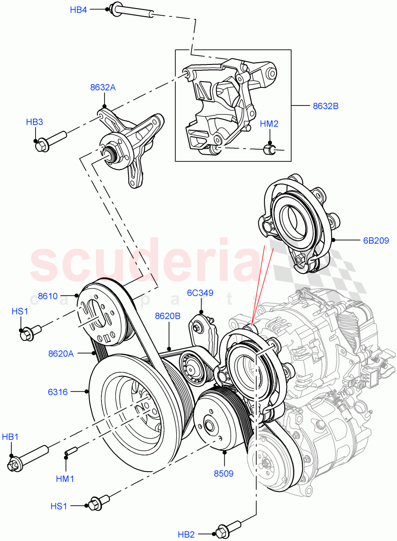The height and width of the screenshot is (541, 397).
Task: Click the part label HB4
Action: (x=78, y=9)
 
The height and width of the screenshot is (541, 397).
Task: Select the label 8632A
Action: (x=103, y=87)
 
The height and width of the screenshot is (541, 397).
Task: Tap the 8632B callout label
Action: (x=325, y=106)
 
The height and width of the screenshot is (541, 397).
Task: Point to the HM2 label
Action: (x=269, y=124)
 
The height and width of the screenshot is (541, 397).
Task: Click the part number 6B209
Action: (x=376, y=240)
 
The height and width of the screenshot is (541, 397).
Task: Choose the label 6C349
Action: (x=200, y=293)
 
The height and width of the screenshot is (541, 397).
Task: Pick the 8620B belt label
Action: (x=168, y=316)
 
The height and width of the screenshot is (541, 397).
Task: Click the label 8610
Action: (x=48, y=296)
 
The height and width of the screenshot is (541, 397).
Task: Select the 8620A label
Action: (x=61, y=354)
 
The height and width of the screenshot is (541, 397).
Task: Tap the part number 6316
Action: (x=58, y=392)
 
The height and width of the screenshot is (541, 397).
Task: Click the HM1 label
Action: (x=65, y=479)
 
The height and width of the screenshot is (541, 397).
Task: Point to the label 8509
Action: (x=224, y=473)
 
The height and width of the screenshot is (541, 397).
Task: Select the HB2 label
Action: (x=187, y=535)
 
